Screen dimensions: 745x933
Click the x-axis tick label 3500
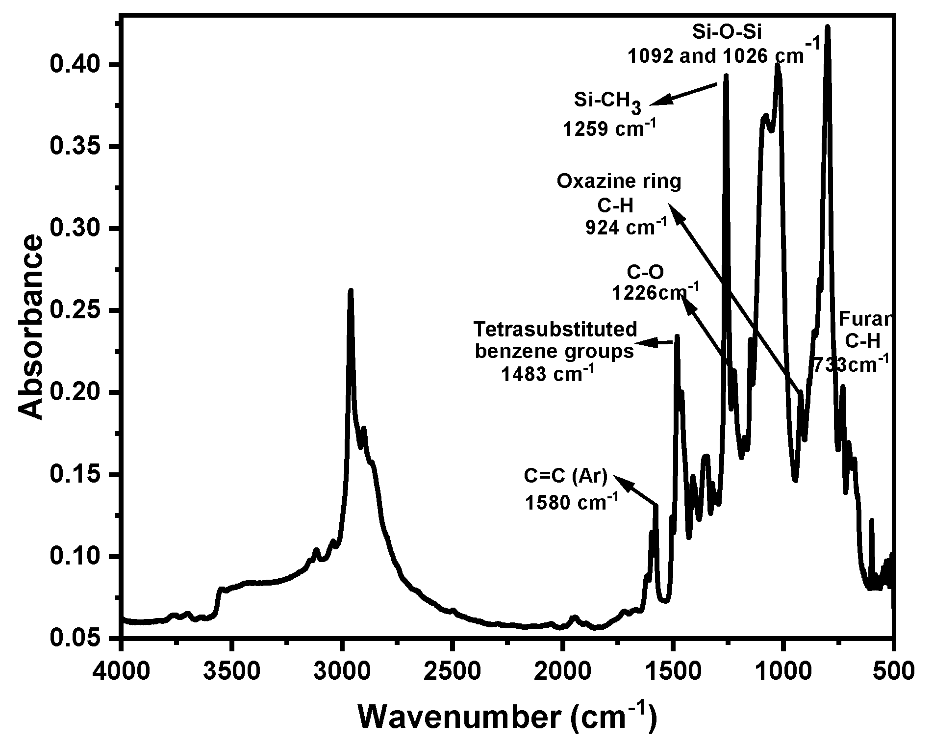(232, 671)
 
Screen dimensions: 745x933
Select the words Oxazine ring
(619, 182)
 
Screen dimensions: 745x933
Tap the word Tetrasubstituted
(555, 329)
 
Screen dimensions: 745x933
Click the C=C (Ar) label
(566, 476)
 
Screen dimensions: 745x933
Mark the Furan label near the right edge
(863, 319)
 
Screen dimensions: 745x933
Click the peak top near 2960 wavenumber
(351, 290)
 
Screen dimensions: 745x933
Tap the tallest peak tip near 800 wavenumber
(828, 27)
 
